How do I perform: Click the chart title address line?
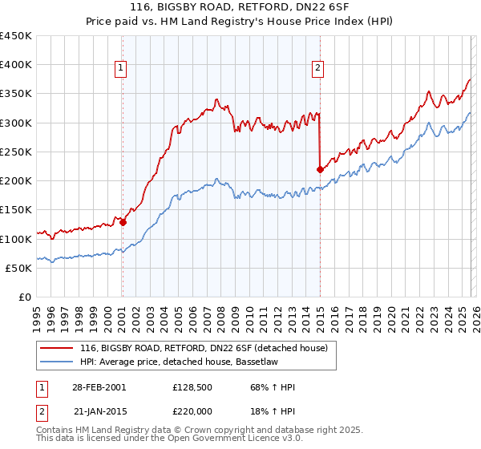coord(240,7)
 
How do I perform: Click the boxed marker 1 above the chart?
coord(120,69)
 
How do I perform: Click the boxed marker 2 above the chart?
coord(317,69)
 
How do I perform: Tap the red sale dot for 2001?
coord(123,222)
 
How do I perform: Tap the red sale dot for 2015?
coord(320,169)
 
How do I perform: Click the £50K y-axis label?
coord(18,268)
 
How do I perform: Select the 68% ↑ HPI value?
coord(272,387)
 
